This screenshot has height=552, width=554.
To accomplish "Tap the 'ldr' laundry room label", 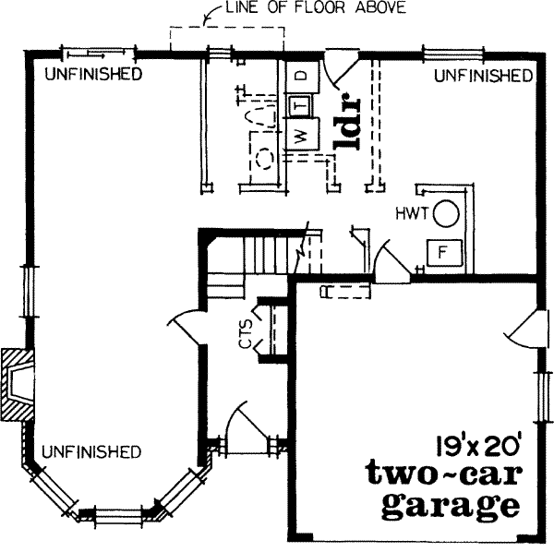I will tap(346, 121).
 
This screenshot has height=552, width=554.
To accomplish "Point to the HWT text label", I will tap(413, 212).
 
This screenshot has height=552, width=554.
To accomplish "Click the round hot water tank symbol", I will tap(446, 213).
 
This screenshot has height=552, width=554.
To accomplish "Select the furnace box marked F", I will tap(441, 251).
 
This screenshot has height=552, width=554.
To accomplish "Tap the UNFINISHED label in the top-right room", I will tap(483, 74).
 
